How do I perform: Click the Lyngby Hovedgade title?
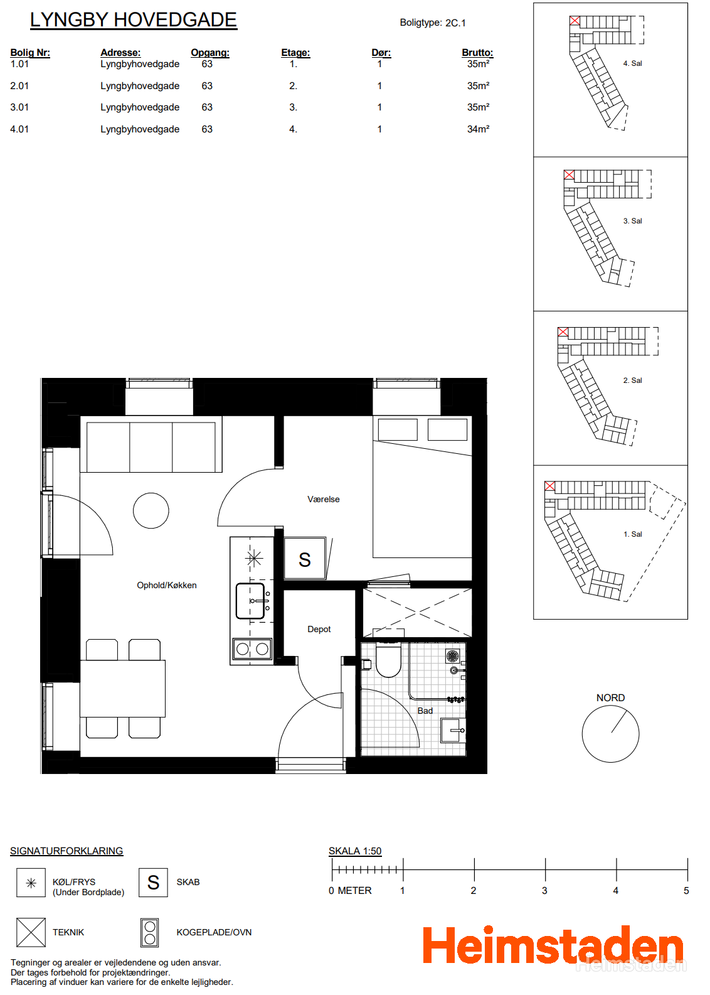[x=133, y=20]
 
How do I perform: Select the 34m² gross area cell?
[x=478, y=129]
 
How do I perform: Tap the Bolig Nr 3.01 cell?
[x=19, y=107]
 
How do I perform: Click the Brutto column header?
[x=477, y=52]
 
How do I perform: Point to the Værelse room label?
[x=324, y=499]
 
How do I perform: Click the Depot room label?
[x=319, y=629]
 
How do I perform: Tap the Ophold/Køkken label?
[x=166, y=586]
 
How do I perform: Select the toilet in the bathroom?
[x=388, y=659]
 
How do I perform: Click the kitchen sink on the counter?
[x=250, y=601]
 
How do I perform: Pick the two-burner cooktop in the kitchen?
[x=253, y=649]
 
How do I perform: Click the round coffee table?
[x=151, y=510]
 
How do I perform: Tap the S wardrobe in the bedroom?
[x=304, y=558]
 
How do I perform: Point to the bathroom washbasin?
[x=453, y=731]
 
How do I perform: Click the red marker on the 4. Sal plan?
[x=575, y=21]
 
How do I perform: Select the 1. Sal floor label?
[x=632, y=534]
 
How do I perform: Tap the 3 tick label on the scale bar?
[x=544, y=890]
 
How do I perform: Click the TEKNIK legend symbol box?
[x=31, y=932]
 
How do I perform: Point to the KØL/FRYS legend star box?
[x=31, y=883]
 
